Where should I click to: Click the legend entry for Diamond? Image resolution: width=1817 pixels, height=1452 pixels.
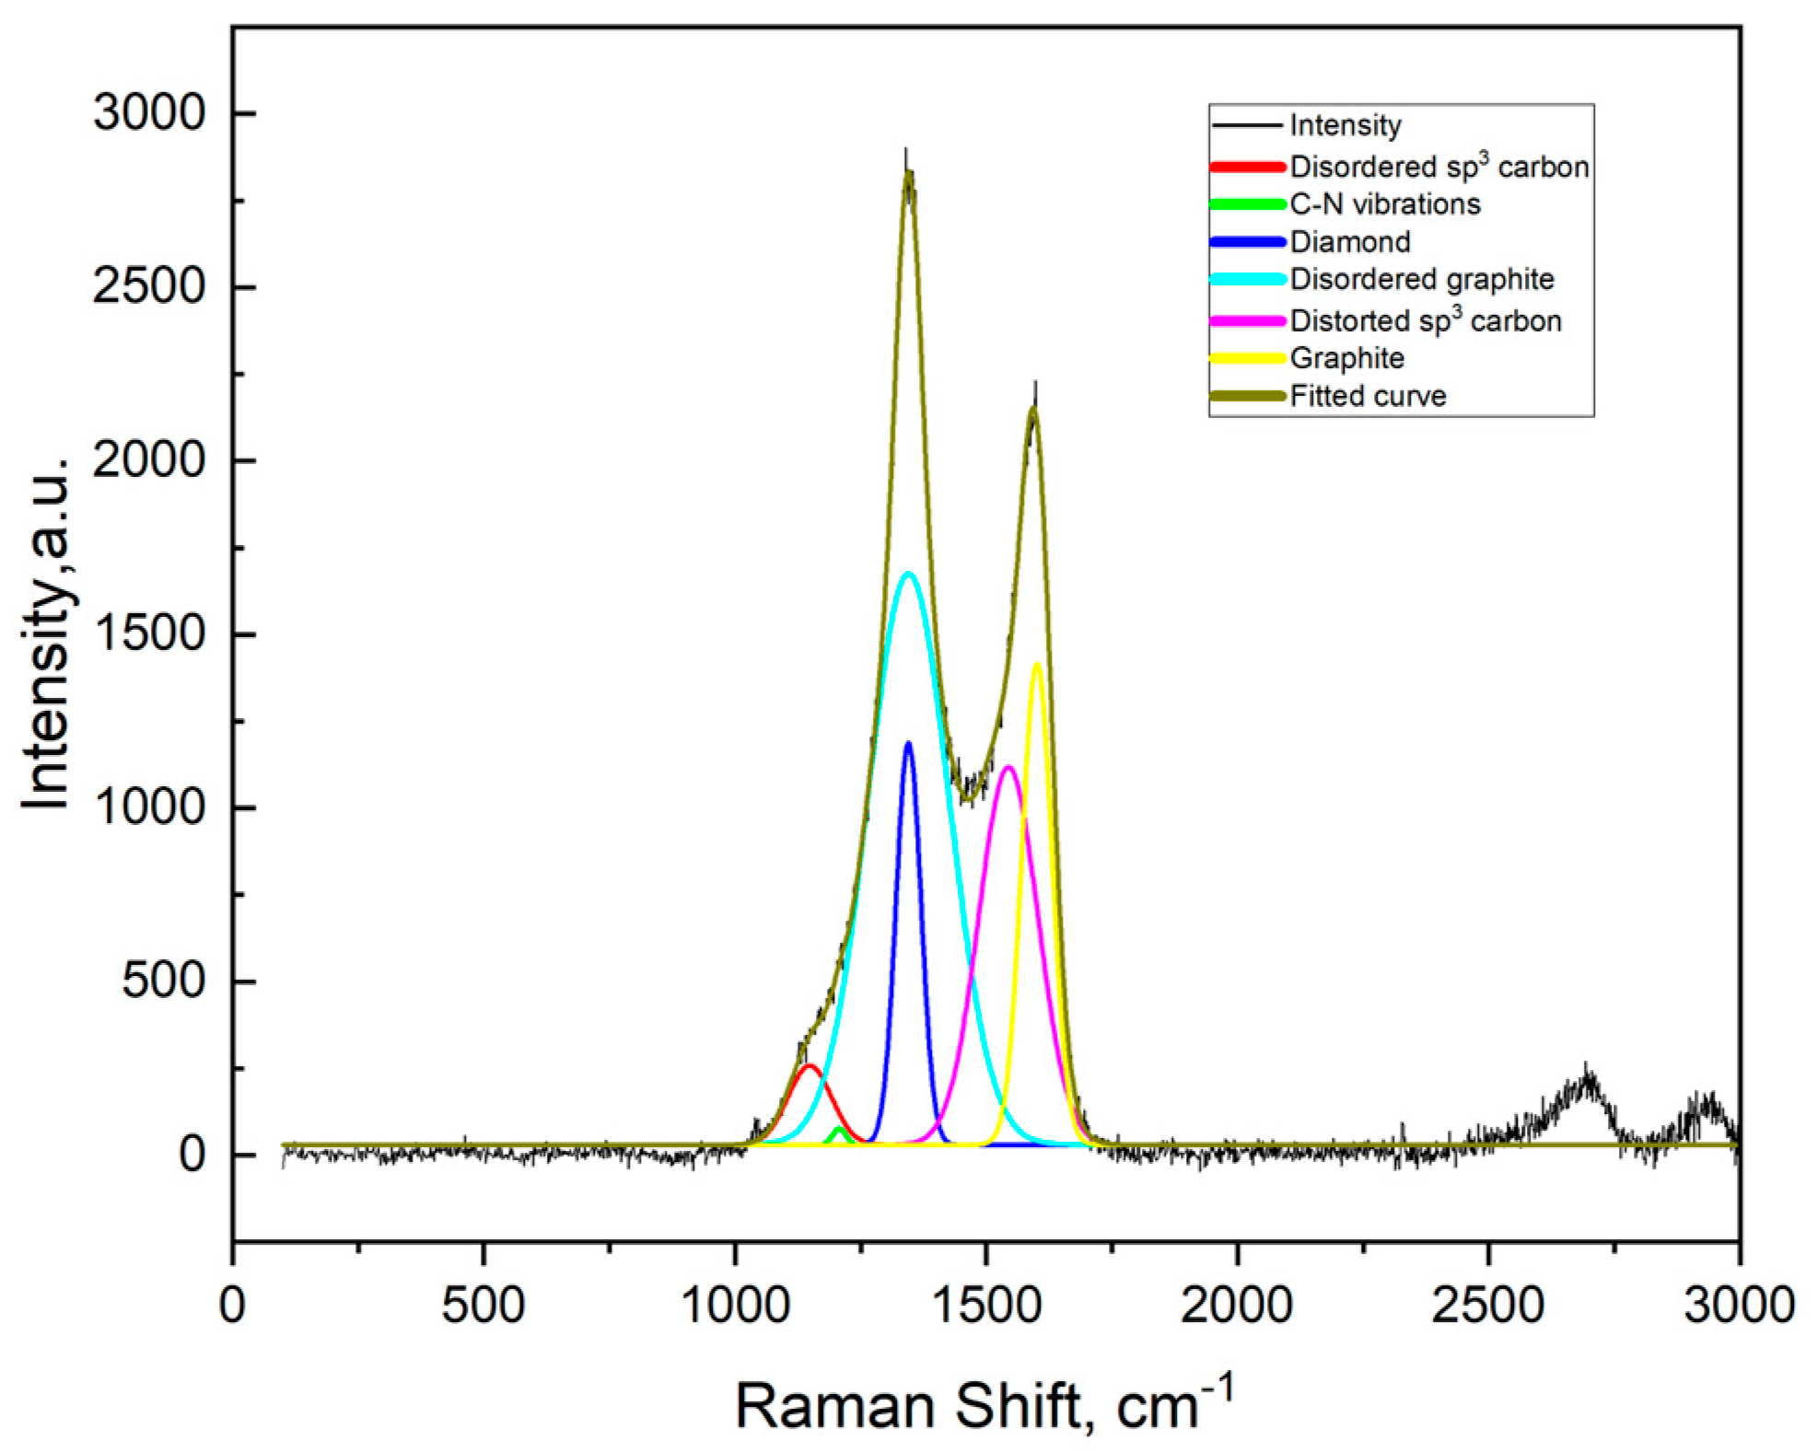1349,242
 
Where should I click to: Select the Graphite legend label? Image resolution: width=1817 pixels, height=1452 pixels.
1346,357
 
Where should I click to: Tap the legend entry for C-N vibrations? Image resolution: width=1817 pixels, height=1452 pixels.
1384,203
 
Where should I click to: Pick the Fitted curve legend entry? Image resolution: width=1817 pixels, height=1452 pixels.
1368,396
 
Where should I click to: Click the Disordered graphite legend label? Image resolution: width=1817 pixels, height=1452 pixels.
1421,279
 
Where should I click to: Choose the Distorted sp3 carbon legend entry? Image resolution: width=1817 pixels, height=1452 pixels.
1425,320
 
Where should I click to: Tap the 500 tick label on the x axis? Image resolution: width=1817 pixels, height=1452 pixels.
483,1306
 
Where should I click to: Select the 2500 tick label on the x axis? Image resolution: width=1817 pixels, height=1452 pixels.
1487,1306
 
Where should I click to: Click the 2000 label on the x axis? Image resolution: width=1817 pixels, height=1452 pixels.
1237,1306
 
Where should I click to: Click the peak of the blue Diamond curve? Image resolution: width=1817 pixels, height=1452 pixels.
908,743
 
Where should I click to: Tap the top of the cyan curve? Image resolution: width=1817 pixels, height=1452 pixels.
909,574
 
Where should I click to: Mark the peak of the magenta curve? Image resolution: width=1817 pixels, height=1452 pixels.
1008,767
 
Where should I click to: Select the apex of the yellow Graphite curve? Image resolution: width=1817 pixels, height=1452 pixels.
1037,664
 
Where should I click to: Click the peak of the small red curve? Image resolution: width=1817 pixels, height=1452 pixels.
809,1065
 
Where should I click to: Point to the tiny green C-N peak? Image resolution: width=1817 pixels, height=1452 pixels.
838,1129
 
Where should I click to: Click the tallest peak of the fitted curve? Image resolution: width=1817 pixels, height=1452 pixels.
908,173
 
